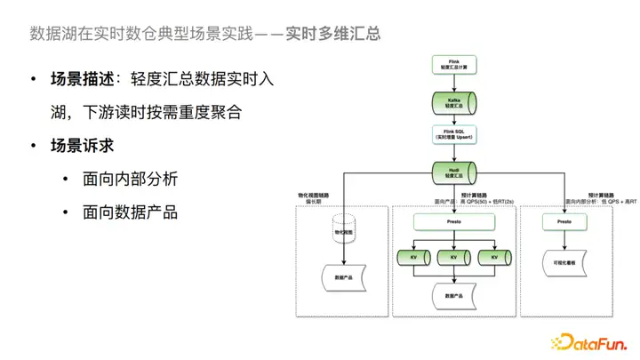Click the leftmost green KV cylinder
413,257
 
